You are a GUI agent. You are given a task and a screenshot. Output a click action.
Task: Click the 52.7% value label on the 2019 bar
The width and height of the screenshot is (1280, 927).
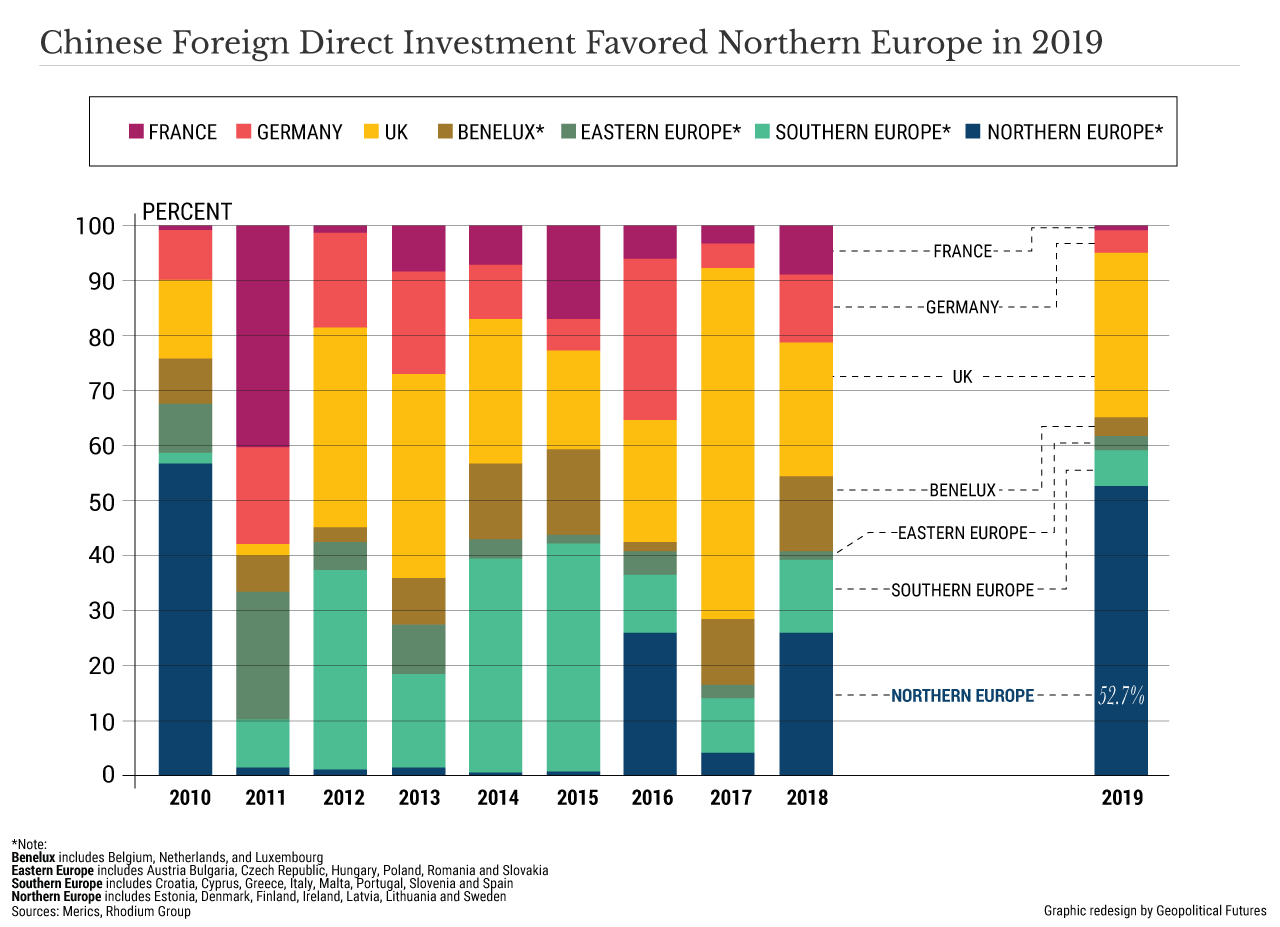pos(1121,696)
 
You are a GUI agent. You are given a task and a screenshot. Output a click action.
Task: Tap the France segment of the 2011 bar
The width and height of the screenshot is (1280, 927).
pos(263,336)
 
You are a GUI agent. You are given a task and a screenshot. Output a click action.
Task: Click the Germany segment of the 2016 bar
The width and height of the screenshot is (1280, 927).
pos(650,339)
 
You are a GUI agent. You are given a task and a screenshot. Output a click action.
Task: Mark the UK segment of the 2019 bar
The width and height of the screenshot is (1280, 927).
pos(1121,335)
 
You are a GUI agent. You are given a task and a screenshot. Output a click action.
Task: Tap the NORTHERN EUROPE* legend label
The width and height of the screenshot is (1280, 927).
pos(1075,132)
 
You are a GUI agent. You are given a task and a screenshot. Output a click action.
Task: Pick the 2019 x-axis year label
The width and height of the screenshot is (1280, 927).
pos(1122,798)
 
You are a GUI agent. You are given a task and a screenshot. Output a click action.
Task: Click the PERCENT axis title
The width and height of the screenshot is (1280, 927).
pos(187,212)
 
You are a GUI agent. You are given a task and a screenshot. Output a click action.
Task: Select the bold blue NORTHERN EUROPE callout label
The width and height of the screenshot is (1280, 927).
pos(962,696)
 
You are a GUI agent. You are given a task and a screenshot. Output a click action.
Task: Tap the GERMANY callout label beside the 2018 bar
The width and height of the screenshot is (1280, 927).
pos(962,308)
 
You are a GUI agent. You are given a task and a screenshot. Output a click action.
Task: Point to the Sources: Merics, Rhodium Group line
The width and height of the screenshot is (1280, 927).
pos(101,911)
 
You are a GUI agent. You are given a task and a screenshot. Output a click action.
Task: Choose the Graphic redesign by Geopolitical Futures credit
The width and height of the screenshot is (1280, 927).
pos(1155,911)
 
